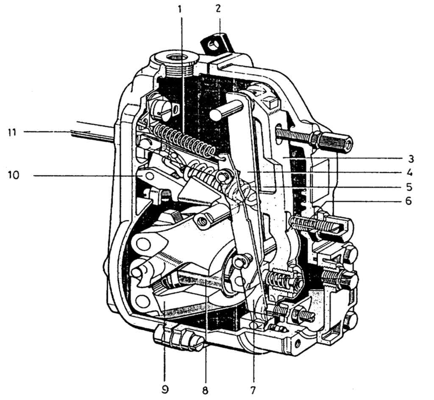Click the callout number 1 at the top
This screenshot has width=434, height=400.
pos(180,9)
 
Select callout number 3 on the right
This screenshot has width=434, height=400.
pos(410,159)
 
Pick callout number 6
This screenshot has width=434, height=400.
pos(408,201)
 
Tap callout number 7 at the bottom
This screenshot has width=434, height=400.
pos(253,389)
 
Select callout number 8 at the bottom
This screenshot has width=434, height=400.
pos(207,389)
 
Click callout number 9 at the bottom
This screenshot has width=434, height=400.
pos(166,389)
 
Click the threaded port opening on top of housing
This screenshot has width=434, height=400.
pos(178,57)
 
